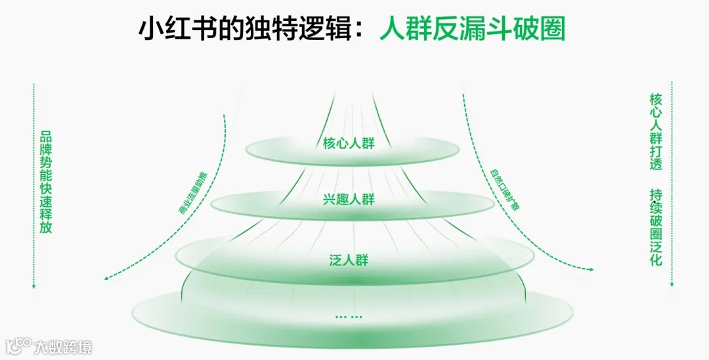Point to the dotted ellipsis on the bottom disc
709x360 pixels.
(349, 317)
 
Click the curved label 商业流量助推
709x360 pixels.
(192, 193)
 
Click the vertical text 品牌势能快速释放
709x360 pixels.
(46, 181)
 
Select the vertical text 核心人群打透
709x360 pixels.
(656, 131)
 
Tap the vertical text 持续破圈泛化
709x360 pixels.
(656, 227)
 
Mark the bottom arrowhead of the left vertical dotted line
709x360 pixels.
(33, 286)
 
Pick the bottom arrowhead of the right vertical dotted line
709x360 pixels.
(672, 284)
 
